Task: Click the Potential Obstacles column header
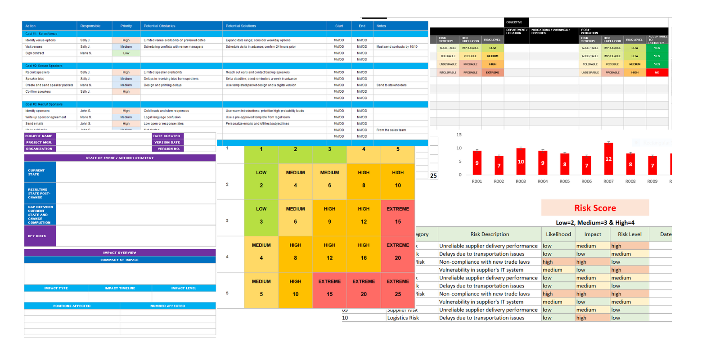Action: [160, 26]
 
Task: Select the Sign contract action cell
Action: [35, 53]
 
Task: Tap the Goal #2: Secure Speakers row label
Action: [44, 66]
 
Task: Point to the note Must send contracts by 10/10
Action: [397, 47]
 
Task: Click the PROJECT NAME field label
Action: [39, 136]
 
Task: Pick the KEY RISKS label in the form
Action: [37, 236]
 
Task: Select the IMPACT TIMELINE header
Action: [120, 288]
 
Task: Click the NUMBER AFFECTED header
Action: [167, 306]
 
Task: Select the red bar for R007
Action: [608, 159]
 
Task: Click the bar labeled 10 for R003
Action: [521, 162]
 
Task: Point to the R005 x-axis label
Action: [565, 181]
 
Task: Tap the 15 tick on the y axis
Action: [459, 135]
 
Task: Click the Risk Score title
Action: [595, 208]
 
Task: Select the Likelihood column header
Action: [558, 234]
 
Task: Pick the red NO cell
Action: [657, 72]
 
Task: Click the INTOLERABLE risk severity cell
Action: [448, 72]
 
